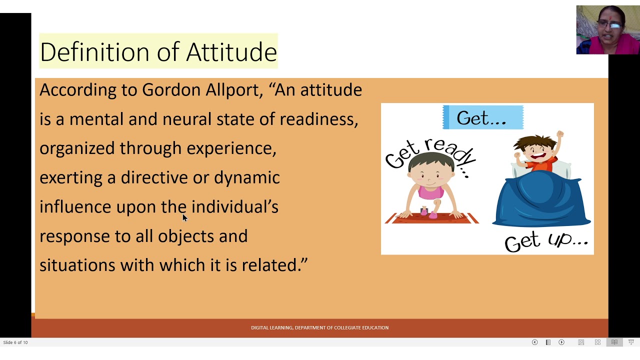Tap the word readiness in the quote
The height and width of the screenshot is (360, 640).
318,119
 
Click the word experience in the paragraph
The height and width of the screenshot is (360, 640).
231,148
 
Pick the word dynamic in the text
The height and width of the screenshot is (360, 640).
246,178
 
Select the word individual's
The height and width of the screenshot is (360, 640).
234,207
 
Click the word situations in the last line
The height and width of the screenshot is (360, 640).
77,265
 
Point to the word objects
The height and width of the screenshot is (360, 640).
185,236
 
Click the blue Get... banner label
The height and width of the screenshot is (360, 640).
482,118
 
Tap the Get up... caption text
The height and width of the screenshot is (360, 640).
546,241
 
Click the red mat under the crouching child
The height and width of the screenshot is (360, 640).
432,218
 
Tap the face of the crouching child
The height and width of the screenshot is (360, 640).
430,173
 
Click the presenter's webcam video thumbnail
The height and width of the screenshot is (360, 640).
607,30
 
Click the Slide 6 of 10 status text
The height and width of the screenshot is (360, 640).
15,342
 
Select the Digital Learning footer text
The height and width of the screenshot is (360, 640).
319,327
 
